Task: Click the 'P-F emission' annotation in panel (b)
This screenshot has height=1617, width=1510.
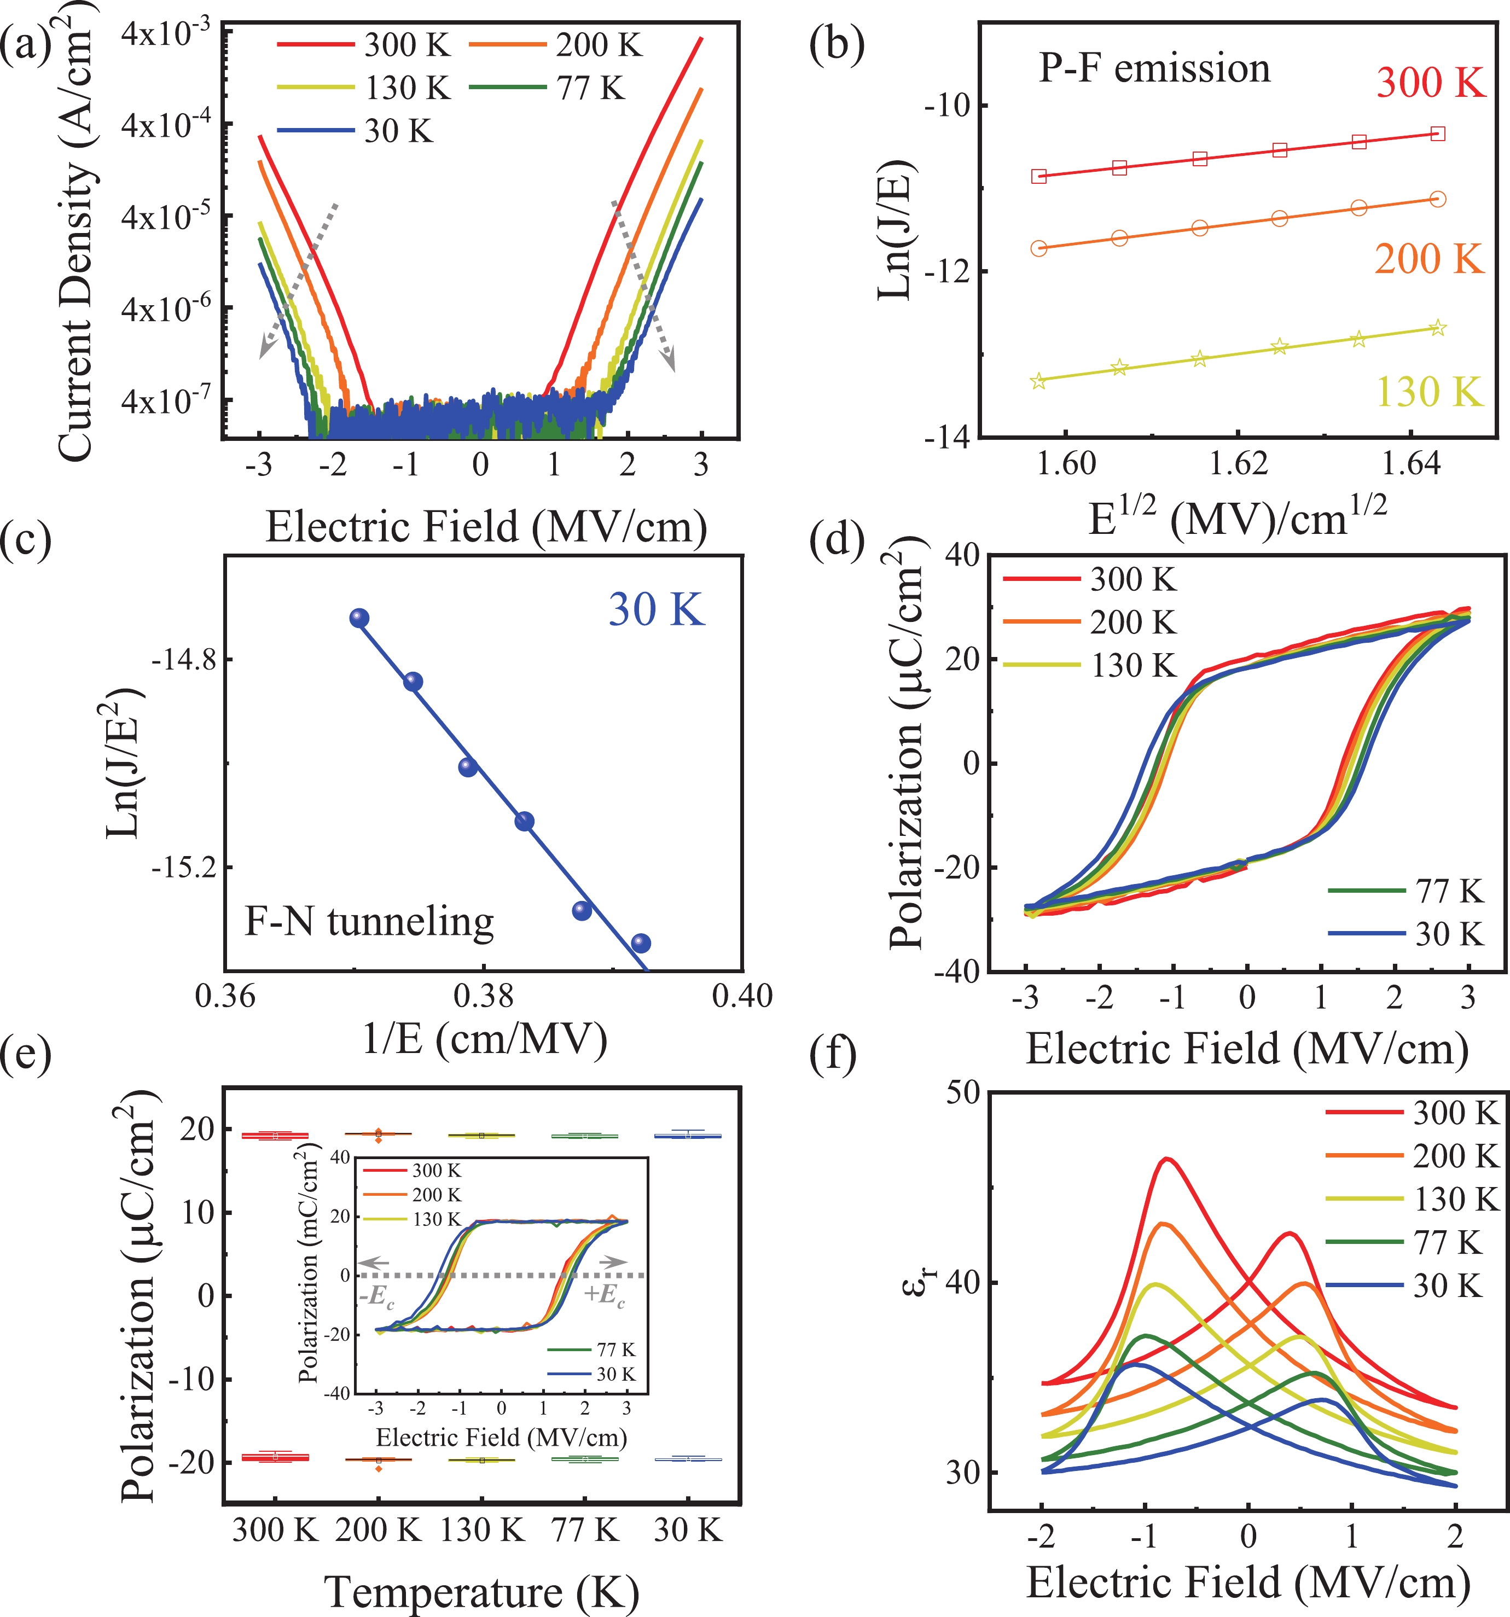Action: coord(1154,68)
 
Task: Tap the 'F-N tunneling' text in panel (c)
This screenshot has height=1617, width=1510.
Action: coord(369,922)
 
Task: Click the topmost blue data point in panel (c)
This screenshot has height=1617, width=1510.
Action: coord(359,618)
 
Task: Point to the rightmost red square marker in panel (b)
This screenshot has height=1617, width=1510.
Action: coord(1438,133)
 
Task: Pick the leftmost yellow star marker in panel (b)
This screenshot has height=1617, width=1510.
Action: coord(1038,381)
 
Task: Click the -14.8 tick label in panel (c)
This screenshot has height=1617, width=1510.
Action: coord(184,660)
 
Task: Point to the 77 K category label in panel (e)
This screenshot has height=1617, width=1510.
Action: coord(585,1530)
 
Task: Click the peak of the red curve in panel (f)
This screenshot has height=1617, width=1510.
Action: coord(1168,1159)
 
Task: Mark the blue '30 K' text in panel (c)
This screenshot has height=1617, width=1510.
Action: coord(657,609)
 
